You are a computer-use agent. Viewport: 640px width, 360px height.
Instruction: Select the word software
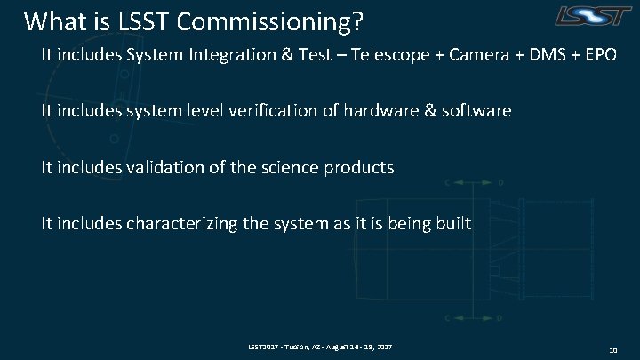click(x=479, y=111)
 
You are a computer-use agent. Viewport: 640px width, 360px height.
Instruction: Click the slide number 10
click(x=613, y=351)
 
